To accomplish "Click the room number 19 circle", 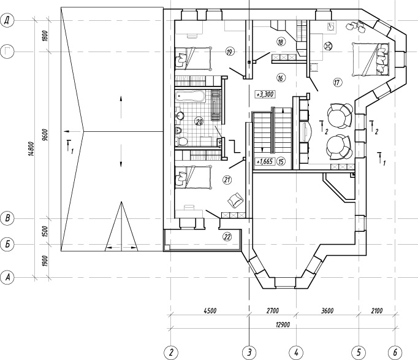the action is pyautogui.click(x=229, y=52).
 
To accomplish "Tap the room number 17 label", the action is pyautogui.click(x=337, y=82).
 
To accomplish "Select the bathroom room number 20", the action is pyautogui.click(x=199, y=122).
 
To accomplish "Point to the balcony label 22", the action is pyautogui.click(x=227, y=237).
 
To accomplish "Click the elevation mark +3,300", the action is pyautogui.click(x=265, y=94).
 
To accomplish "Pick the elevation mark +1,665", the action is pyautogui.click(x=265, y=161).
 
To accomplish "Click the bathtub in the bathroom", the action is pyautogui.click(x=191, y=96).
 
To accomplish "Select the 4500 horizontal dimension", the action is pyautogui.click(x=210, y=311).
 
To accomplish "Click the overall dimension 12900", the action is pyautogui.click(x=283, y=324).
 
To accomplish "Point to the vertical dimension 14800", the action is pyautogui.click(x=31, y=149).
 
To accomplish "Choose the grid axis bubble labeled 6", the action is pyautogui.click(x=395, y=353).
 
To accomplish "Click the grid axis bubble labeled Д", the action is pyautogui.click(x=7, y=20).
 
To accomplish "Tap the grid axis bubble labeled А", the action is pyautogui.click(x=7, y=278).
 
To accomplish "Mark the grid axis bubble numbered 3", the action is pyautogui.click(x=249, y=353).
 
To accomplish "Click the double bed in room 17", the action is pyautogui.click(x=370, y=59).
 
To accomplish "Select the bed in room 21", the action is pyautogui.click(x=194, y=177).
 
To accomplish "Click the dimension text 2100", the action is pyautogui.click(x=377, y=311).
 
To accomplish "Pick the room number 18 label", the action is pyautogui.click(x=281, y=42).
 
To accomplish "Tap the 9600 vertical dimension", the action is pyautogui.click(x=45, y=135).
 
